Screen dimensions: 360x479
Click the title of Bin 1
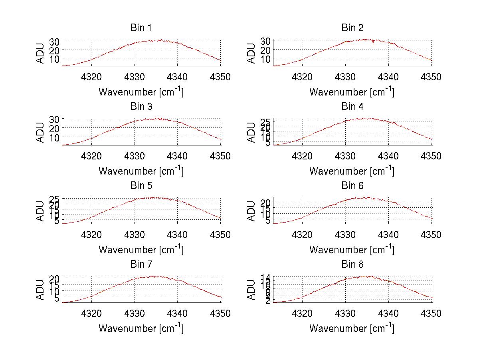coord(141,28)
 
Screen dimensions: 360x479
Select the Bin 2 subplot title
coord(352,28)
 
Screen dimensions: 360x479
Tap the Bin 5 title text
coord(141,186)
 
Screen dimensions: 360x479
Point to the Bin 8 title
coord(352,265)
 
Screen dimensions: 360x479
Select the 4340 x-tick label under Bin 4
coord(388,156)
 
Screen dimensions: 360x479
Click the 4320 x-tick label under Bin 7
coord(92,314)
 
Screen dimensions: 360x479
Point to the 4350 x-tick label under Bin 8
coord(431,314)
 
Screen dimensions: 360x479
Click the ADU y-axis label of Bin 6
coord(251,211)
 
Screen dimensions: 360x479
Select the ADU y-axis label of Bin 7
coord(40,290)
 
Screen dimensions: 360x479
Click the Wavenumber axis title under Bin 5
coord(141,250)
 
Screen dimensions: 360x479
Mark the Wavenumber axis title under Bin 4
coord(352,171)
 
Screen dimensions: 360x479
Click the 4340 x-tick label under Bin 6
coord(388,235)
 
